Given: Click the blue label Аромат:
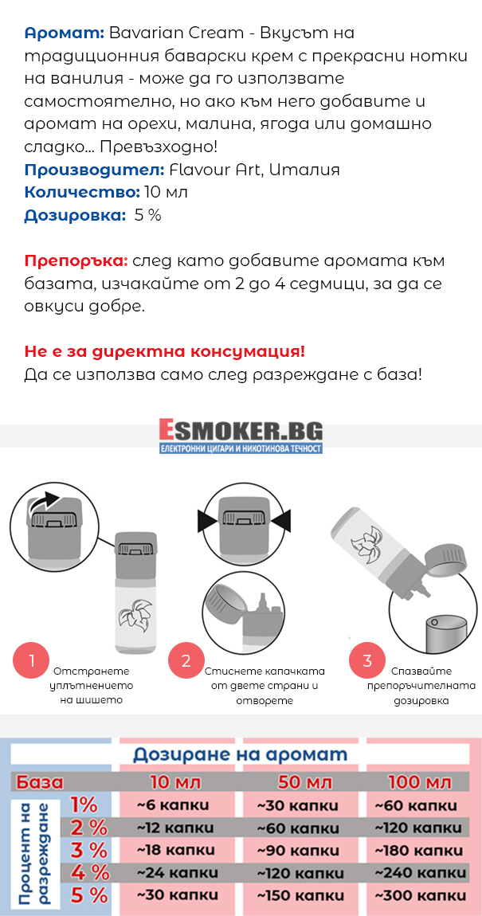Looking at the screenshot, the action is pyautogui.click(x=65, y=34).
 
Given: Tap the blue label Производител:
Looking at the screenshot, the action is pyautogui.click(x=94, y=170).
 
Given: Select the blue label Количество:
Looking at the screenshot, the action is pyautogui.click(x=82, y=193).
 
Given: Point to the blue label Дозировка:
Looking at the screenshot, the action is pyautogui.click(x=76, y=216).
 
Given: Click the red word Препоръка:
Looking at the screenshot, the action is pyautogui.click(x=76, y=262).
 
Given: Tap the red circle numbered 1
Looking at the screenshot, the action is pyautogui.click(x=32, y=660).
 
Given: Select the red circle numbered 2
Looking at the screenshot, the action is pyautogui.click(x=186, y=660).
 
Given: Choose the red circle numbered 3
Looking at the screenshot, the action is pyautogui.click(x=367, y=660).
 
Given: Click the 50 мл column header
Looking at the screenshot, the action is pyautogui.click(x=298, y=781).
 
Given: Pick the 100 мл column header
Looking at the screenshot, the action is pyautogui.click(x=420, y=781).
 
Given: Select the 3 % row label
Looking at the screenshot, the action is pyautogui.click(x=88, y=849).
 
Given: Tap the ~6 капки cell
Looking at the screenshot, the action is pyautogui.click(x=173, y=805).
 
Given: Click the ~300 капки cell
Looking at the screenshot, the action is pyautogui.click(x=420, y=895).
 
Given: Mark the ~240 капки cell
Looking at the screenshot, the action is pyautogui.click(x=420, y=873).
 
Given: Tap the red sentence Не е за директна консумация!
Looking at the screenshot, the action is pyautogui.click(x=165, y=353).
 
